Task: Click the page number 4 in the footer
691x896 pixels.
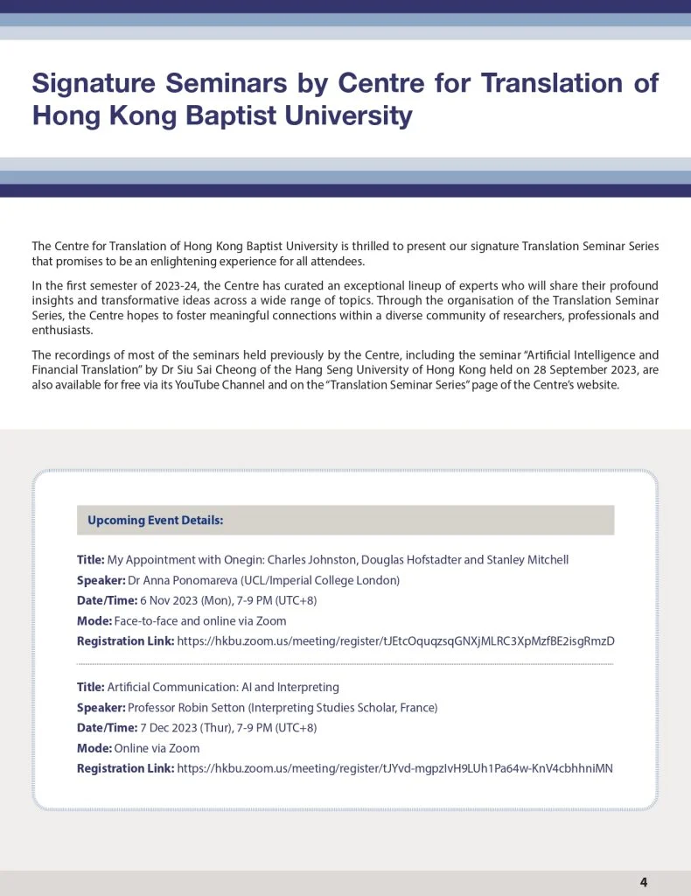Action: tap(644, 882)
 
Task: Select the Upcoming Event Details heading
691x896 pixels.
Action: tap(156, 521)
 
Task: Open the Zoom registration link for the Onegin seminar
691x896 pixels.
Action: tap(395, 641)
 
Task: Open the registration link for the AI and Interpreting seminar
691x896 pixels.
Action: tap(394, 769)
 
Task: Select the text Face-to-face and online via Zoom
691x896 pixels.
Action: tap(200, 621)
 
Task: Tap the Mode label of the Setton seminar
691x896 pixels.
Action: tap(94, 749)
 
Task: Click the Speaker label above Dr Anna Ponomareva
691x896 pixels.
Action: tap(101, 580)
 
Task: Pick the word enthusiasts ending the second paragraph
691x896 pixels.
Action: tap(62, 332)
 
